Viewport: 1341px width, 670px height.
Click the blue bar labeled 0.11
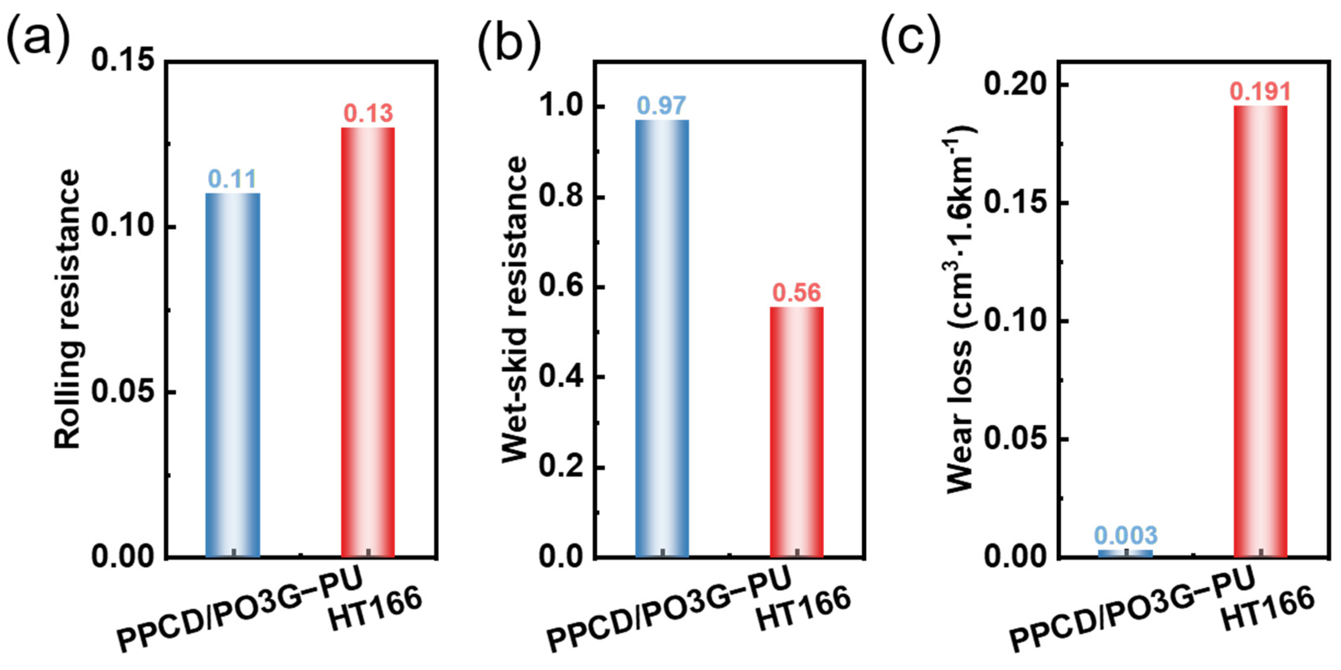click(233, 375)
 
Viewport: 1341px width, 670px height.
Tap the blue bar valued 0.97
click(662, 339)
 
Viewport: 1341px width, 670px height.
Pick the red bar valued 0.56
click(796, 432)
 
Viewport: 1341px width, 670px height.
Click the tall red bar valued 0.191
click(1260, 331)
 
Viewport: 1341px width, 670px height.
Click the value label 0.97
click(662, 106)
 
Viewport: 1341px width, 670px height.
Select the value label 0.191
click(1260, 92)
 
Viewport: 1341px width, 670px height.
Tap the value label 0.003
click(1125, 535)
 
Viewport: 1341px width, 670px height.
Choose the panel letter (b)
click(509, 44)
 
